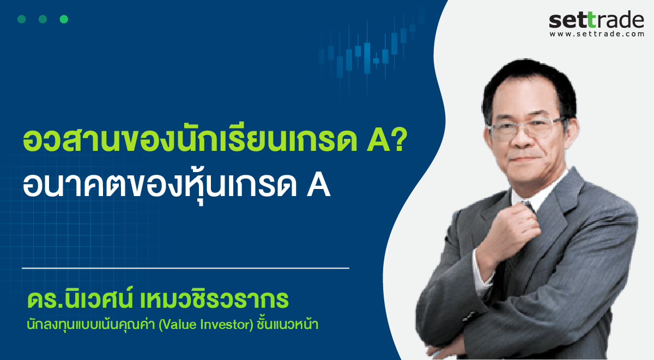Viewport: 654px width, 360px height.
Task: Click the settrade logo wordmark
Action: tap(596, 20)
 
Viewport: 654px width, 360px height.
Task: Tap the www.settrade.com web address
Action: tap(597, 34)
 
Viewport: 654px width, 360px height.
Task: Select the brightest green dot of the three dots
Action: tap(64, 19)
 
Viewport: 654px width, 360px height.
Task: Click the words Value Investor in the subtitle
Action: tap(206, 325)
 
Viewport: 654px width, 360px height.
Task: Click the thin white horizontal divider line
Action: tap(185, 268)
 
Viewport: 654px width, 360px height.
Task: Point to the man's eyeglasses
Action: tap(527, 129)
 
